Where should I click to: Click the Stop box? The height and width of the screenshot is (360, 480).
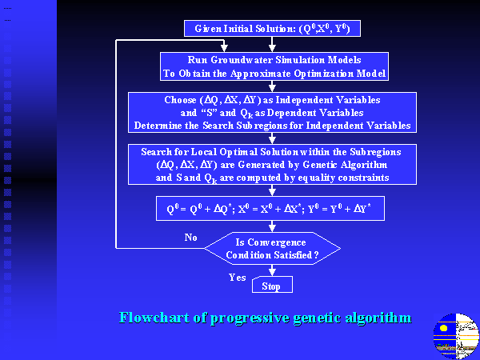272,284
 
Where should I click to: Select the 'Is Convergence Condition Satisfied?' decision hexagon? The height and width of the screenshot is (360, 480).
272,248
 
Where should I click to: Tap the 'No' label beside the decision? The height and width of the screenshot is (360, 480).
190,238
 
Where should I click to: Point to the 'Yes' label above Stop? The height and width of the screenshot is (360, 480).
238,278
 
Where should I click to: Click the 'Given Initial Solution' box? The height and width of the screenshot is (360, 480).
272,29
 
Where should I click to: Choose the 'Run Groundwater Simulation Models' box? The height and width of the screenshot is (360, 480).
274,66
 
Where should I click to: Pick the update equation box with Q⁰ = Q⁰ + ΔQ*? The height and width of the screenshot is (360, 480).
270,209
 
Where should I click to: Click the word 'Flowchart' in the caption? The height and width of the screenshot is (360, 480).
154,317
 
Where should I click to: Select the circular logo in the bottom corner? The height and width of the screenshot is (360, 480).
456,336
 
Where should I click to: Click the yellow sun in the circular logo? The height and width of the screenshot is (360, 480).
443,328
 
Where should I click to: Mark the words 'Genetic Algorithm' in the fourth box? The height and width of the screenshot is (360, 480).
345,165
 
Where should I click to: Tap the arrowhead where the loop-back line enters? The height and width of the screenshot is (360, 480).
224,48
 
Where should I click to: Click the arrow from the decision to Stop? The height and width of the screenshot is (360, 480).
272,270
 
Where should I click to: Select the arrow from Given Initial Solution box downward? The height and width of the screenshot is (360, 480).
272,44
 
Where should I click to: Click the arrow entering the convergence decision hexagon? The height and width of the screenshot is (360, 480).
272,226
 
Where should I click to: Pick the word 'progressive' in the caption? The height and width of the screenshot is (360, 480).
250,318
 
